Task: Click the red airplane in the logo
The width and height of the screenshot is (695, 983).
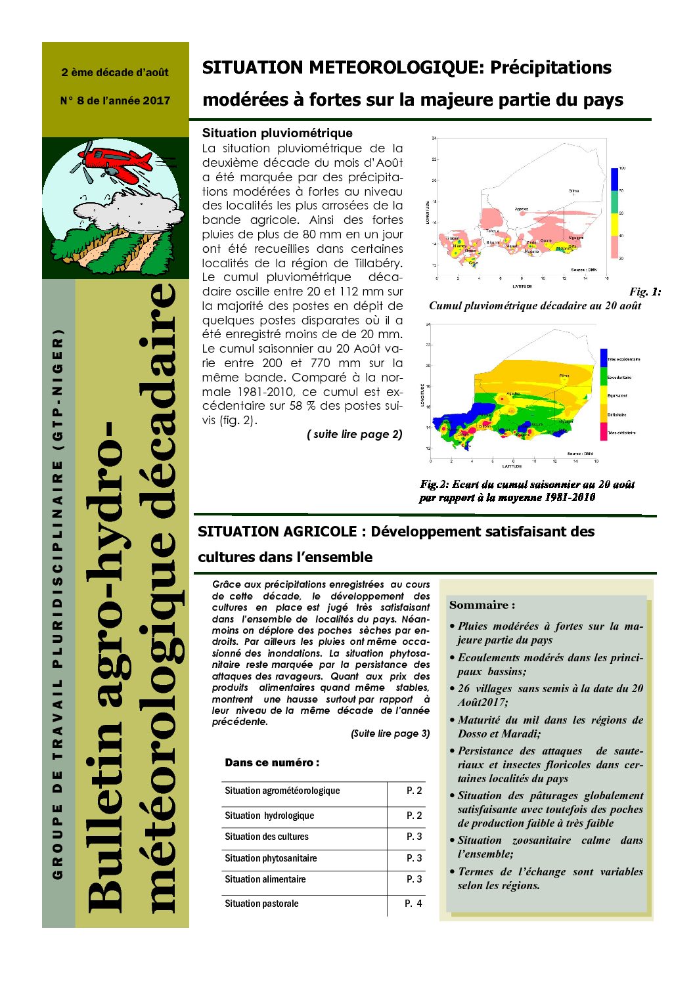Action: (118, 163)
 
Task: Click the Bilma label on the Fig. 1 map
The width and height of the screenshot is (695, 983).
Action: (573, 191)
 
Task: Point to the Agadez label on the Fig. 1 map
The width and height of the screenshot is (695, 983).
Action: (521, 209)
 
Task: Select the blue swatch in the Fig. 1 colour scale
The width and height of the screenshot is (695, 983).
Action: (615, 179)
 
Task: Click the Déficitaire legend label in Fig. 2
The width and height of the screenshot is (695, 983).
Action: (617, 415)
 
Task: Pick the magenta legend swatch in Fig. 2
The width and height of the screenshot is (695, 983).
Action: (603, 431)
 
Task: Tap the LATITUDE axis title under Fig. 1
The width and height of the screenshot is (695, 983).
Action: (522, 286)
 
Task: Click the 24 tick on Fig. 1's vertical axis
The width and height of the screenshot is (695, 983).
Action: (434, 139)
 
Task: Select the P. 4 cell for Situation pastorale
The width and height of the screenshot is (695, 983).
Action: (413, 904)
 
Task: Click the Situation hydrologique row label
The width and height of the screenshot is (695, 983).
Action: (269, 816)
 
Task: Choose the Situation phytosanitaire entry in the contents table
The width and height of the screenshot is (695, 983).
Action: (271, 858)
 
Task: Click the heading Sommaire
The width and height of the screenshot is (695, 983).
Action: (482, 605)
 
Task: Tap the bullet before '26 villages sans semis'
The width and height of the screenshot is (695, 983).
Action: (452, 689)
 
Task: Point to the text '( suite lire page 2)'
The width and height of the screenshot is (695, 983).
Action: (355, 434)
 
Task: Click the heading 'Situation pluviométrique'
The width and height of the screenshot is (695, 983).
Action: (277, 133)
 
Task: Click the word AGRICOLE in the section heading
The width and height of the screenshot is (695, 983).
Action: (318, 532)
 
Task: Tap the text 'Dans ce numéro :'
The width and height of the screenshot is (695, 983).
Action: (272, 762)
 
